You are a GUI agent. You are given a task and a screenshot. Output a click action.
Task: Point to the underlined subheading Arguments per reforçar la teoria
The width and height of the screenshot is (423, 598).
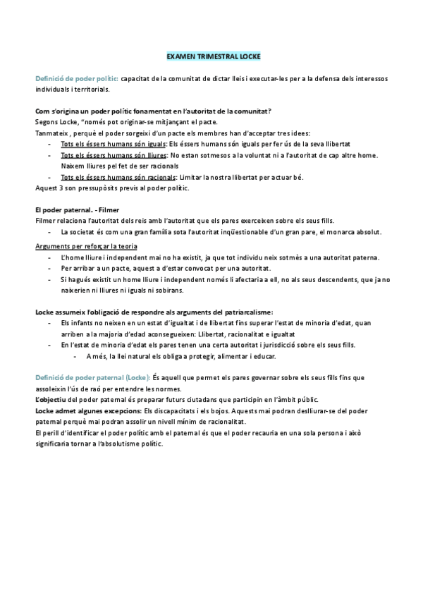tap(86, 245)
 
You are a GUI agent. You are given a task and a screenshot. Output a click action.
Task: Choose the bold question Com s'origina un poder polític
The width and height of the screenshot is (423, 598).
tap(153, 111)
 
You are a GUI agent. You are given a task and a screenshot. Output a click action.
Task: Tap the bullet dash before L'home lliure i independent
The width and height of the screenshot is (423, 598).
tap(49, 257)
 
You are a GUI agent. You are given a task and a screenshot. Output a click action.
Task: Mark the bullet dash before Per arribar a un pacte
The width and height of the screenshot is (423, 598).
tap(49, 268)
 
